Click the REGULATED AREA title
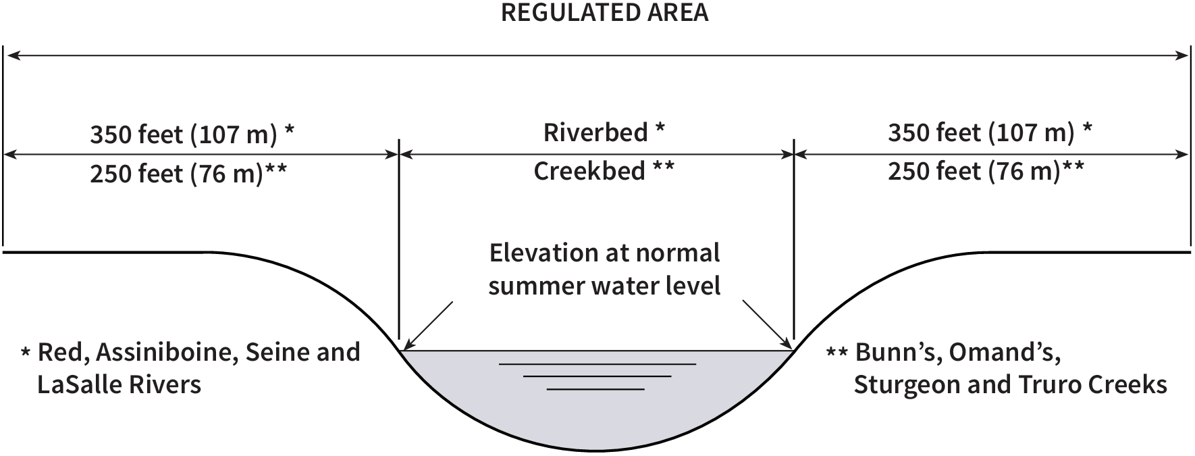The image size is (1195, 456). tap(604, 14)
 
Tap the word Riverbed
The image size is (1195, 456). tap(595, 132)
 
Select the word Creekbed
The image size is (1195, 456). tap(589, 172)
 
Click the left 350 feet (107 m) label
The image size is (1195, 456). tap(184, 135)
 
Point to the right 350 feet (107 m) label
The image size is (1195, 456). tap(981, 133)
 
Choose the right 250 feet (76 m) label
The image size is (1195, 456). tap(974, 172)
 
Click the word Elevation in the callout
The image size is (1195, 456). tap(536, 253)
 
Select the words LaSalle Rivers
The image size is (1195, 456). tap(119, 385)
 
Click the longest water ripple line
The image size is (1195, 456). tap(597, 365)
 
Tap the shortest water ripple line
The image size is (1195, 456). tap(595, 389)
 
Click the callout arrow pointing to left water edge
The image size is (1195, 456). tap(427, 326)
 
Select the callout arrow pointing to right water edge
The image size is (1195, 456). tap(767, 323)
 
